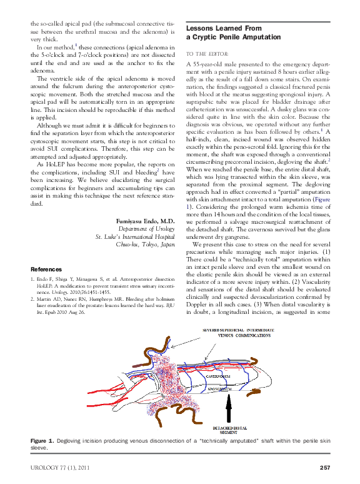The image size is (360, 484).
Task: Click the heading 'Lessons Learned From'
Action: tap(223, 29)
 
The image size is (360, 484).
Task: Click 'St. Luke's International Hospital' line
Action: tap(134, 237)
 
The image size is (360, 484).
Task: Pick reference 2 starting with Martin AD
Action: tap(103, 306)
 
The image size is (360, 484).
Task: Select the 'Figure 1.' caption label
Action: tap(42, 441)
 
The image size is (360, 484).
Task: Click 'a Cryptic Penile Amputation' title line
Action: tap(232, 38)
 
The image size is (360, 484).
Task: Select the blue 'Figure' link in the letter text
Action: tap(321, 199)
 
